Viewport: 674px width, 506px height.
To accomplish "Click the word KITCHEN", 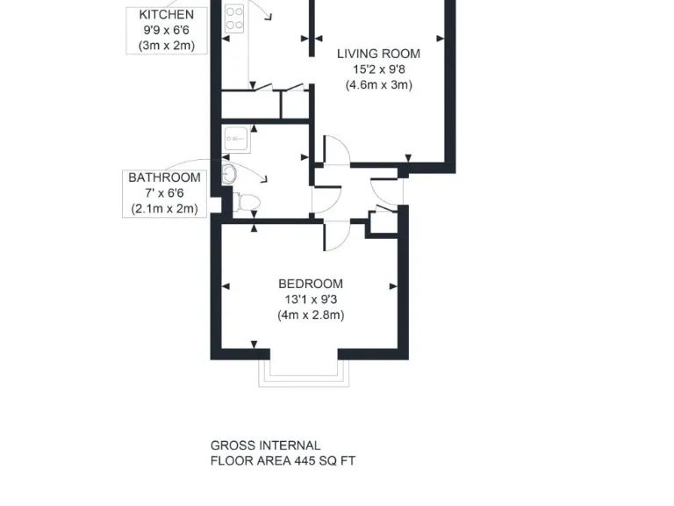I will point(166,15).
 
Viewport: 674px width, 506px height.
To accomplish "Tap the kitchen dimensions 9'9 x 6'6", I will point(166,30).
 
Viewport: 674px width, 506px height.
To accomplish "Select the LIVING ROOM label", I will point(378,54).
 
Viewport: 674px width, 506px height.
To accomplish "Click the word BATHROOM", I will point(164,177).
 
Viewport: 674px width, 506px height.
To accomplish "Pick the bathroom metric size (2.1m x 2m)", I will point(164,209).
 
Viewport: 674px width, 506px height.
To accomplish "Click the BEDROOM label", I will point(310,284).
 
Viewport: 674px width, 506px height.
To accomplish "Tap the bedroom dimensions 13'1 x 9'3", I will point(310,299).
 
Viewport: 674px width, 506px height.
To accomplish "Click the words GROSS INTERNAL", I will point(265,445).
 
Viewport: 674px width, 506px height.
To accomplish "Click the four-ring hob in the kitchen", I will point(234,18).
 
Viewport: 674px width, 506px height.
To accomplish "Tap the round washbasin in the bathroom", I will point(229,172).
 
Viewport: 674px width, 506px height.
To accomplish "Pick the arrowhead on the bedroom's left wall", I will point(226,286).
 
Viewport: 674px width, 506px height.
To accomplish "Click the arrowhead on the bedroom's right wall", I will point(394,286).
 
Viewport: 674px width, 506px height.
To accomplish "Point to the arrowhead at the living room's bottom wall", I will point(406,159).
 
